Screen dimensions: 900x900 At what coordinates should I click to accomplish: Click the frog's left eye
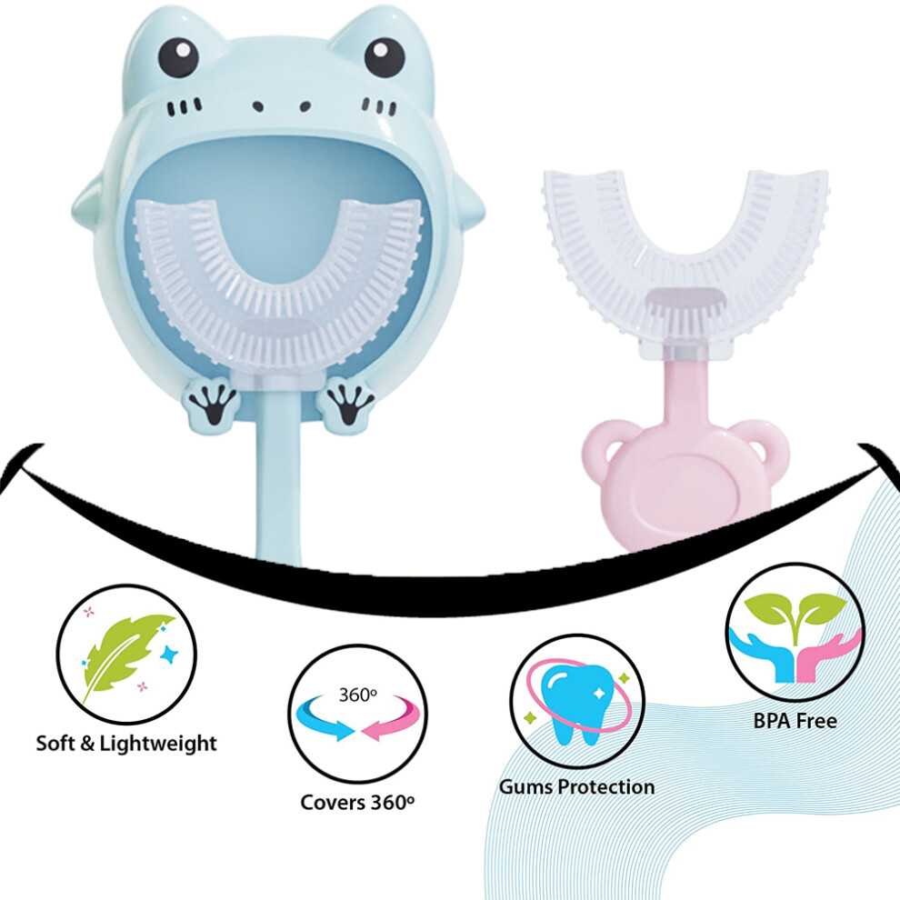coord(178,57)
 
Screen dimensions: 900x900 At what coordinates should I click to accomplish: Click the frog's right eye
coord(384,57)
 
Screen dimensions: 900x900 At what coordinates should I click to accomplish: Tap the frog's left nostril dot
coord(258,106)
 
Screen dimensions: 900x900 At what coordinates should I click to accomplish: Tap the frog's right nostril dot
coord(305,106)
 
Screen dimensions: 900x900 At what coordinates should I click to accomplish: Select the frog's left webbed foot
coord(214,405)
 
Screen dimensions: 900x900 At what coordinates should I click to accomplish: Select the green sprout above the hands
coord(795,615)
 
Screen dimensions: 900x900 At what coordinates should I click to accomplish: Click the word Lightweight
coord(158,744)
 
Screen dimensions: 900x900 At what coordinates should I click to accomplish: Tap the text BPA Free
coord(795,721)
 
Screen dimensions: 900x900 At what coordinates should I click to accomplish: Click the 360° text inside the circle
coord(357,695)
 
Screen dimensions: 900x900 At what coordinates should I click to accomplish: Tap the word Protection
coord(607,787)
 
